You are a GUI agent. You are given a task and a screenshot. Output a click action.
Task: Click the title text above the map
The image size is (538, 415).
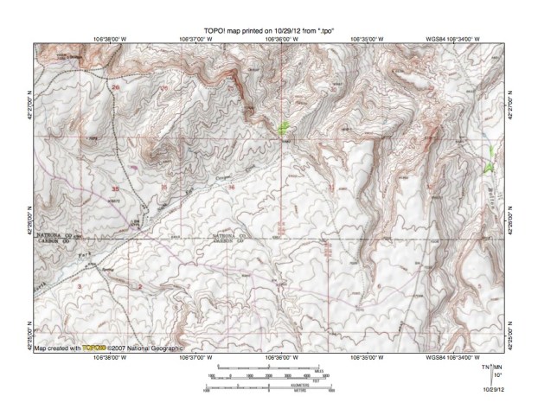click(x=268, y=30)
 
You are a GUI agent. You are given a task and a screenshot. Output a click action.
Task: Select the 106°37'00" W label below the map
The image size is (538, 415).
click(x=195, y=355)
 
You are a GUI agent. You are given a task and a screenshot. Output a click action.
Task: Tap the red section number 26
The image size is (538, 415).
click(x=115, y=87)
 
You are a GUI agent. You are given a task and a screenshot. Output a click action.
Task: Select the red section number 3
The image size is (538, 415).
click(x=79, y=285)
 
